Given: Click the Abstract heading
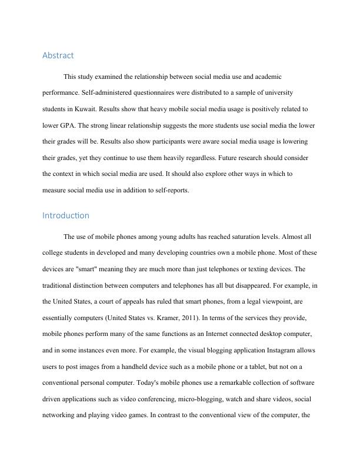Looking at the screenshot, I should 58,56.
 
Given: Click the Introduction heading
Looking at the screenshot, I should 65,215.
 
